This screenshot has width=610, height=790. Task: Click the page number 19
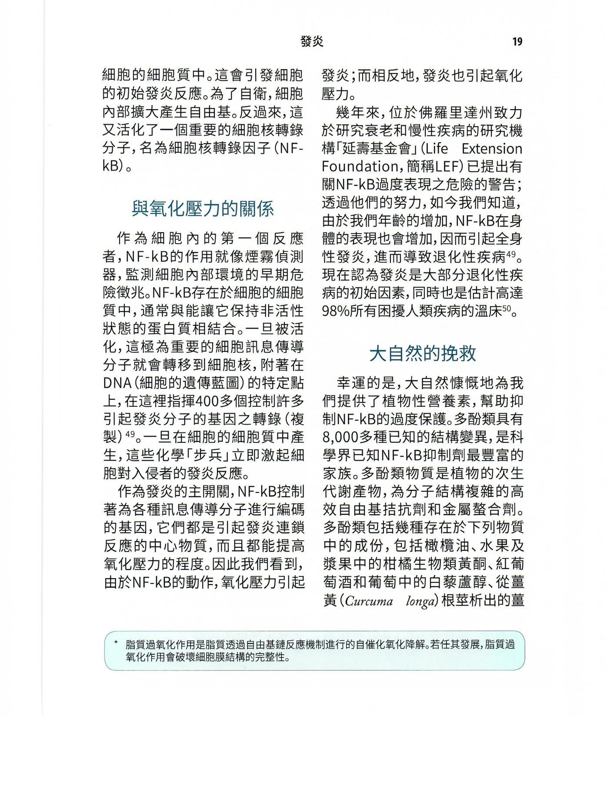pos(517,42)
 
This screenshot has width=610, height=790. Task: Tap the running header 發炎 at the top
pos(312,42)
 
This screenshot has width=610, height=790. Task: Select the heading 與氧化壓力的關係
pos(203,209)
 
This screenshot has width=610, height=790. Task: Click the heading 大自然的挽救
pos(422,354)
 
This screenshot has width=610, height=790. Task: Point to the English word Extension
pos(491,149)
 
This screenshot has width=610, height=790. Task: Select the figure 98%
pos(337,311)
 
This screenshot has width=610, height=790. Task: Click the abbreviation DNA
pos(117,383)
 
